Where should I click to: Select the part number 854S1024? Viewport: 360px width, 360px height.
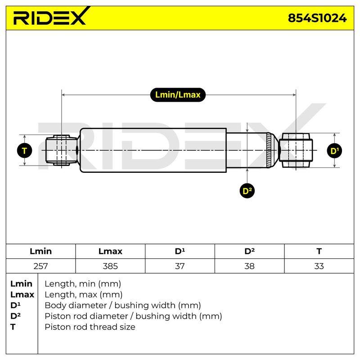coord(317,18)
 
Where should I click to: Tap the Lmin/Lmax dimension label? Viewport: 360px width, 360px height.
coord(178,94)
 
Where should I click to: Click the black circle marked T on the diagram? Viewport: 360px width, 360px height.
coord(24,151)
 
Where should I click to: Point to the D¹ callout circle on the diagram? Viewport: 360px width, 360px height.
coord(334,151)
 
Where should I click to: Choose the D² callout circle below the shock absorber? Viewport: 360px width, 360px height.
coord(247,190)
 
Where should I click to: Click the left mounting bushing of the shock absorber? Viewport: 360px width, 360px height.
coord(61,150)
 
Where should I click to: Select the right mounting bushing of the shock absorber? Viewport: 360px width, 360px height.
coord(296,150)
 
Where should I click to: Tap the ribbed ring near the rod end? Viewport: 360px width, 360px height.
coord(269,150)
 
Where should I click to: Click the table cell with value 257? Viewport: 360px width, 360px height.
coord(40,266)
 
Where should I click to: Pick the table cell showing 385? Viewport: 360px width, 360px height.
coord(110,266)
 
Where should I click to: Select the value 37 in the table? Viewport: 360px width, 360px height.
coord(180,266)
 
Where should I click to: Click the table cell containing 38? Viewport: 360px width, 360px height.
coord(249,266)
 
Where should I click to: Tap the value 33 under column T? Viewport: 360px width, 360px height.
coord(319,266)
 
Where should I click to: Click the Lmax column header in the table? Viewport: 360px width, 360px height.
coord(110,251)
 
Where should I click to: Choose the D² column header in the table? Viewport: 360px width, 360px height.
coord(249,251)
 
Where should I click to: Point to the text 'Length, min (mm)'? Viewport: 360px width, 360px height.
coord(83,284)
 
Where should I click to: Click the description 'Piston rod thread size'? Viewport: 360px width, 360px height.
coord(90,327)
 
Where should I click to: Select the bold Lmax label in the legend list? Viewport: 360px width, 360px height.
coord(22,295)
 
